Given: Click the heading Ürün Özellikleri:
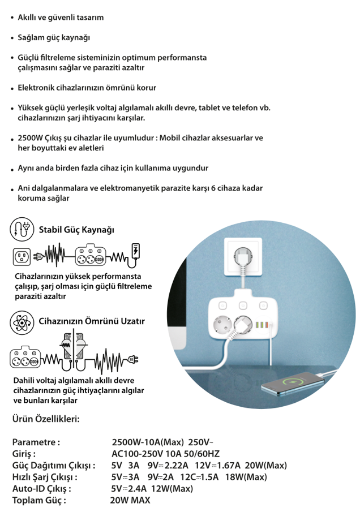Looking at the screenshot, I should tap(46, 419).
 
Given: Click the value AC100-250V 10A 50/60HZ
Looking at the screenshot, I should tap(165, 454).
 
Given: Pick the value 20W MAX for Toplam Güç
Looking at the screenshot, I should tap(130, 500).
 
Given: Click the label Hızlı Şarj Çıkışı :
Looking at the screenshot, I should tap(45, 477).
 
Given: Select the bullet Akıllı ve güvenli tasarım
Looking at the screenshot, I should tap(61, 17).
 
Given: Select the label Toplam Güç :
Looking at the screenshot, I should tap(39, 500).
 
